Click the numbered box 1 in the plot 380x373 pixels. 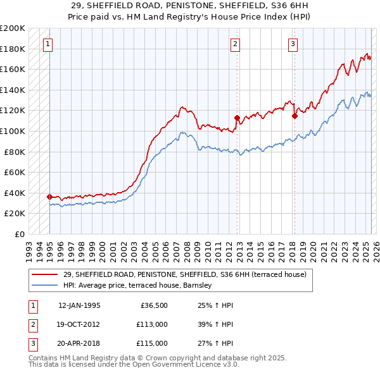pyautogui.click(x=49, y=44)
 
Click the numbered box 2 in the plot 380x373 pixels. pyautogui.click(x=235, y=44)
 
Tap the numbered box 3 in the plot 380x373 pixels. pyautogui.click(x=293, y=44)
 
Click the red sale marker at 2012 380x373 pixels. pyautogui.click(x=237, y=118)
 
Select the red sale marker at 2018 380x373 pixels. pyautogui.click(x=294, y=116)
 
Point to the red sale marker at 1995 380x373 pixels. pyautogui.click(x=49, y=197)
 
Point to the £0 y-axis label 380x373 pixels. pyautogui.click(x=20, y=234)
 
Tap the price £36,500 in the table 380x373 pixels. pyautogui.click(x=151, y=305)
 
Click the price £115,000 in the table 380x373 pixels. pyautogui.click(x=151, y=344)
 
